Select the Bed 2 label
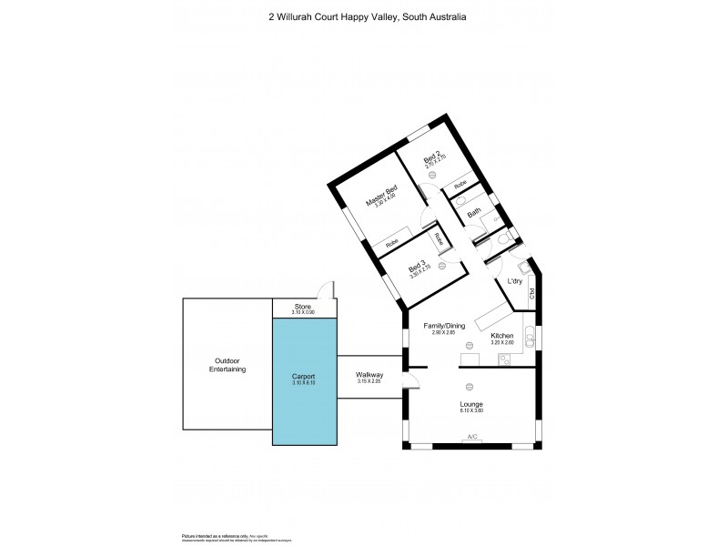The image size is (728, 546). pos(431,163)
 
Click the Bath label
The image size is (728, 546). pos(474,213)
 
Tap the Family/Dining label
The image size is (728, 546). pos(444,325)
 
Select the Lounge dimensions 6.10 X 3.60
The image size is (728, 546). pos(471,410)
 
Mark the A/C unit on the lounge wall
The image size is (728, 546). pos(472,438)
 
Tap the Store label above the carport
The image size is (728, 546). pos(302,307)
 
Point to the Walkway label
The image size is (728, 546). pos(369,375)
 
